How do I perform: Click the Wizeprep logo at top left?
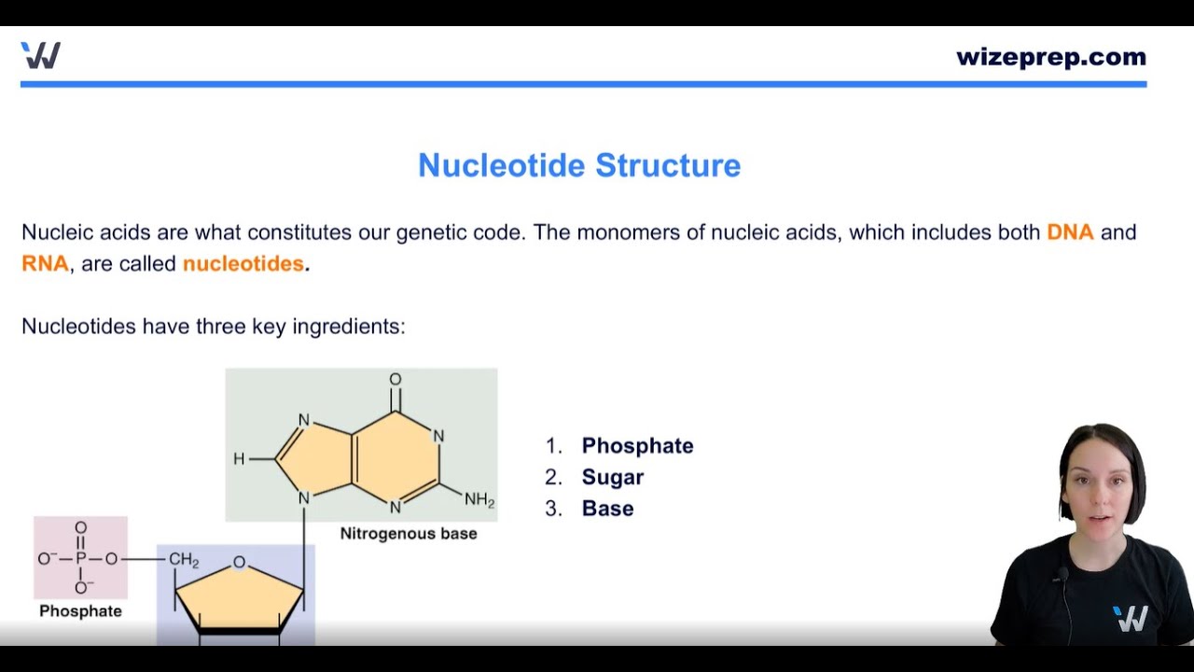[x=40, y=56]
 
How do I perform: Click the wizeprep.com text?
[x=1050, y=57]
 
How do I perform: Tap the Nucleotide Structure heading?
[x=578, y=165]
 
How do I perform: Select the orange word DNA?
[x=1070, y=232]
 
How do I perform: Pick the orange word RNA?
[x=45, y=264]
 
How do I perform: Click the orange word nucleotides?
[x=243, y=264]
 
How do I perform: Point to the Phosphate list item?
[x=637, y=446]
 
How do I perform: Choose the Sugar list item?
[x=612, y=478]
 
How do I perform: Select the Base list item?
[x=607, y=509]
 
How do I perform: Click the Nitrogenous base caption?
[x=408, y=534]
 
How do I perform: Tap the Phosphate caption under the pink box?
[x=80, y=611]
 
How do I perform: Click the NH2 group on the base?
[x=479, y=500]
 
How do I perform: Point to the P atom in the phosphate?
[x=80, y=559]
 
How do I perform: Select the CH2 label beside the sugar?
[x=184, y=560]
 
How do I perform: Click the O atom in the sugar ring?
[x=239, y=562]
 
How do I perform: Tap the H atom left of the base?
[x=239, y=459]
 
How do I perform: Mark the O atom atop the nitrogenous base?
[x=396, y=380]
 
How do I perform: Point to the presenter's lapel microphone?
[x=1062, y=574]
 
